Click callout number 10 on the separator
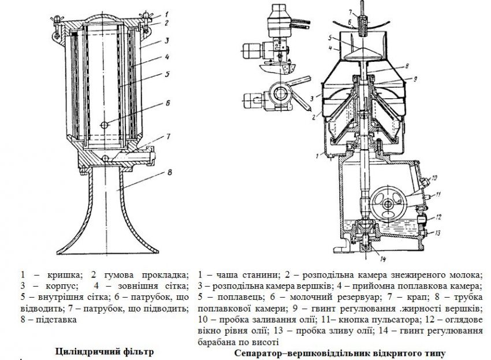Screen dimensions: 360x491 434,177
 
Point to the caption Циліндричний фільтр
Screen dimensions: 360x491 105,351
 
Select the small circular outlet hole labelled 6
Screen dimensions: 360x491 103,125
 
